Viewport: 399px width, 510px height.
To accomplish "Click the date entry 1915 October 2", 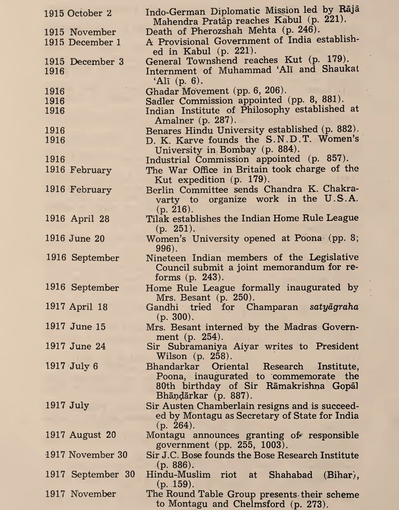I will [78, 12].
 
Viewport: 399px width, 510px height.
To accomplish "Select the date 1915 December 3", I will [83, 61].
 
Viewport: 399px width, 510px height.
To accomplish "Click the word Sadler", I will [162, 100].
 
